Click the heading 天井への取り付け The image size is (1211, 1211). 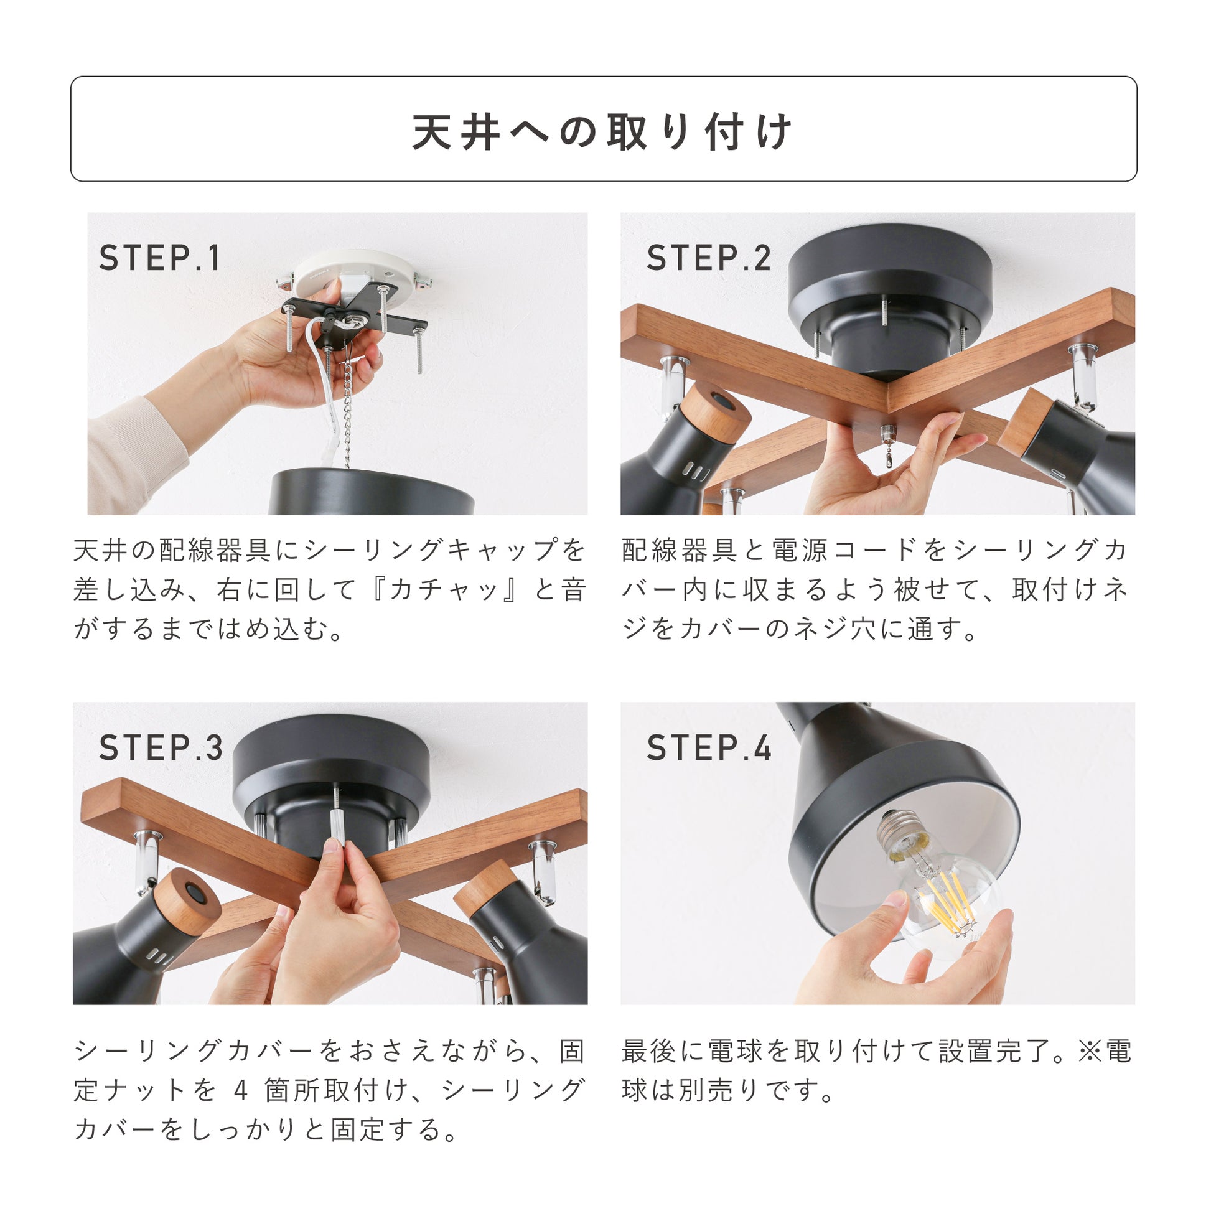tap(602, 132)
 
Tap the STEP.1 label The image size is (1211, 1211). tap(160, 258)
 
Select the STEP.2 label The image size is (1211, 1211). tap(709, 258)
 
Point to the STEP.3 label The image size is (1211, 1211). tap(161, 748)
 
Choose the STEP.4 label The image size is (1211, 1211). tap(709, 748)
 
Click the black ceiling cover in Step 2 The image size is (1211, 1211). tap(889, 301)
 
